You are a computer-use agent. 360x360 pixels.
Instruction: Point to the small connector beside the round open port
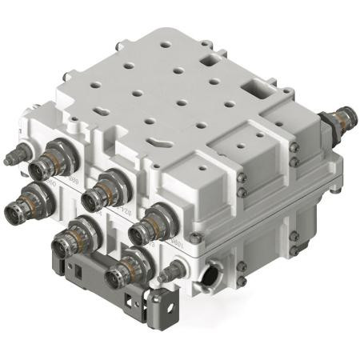(x=173, y=274)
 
